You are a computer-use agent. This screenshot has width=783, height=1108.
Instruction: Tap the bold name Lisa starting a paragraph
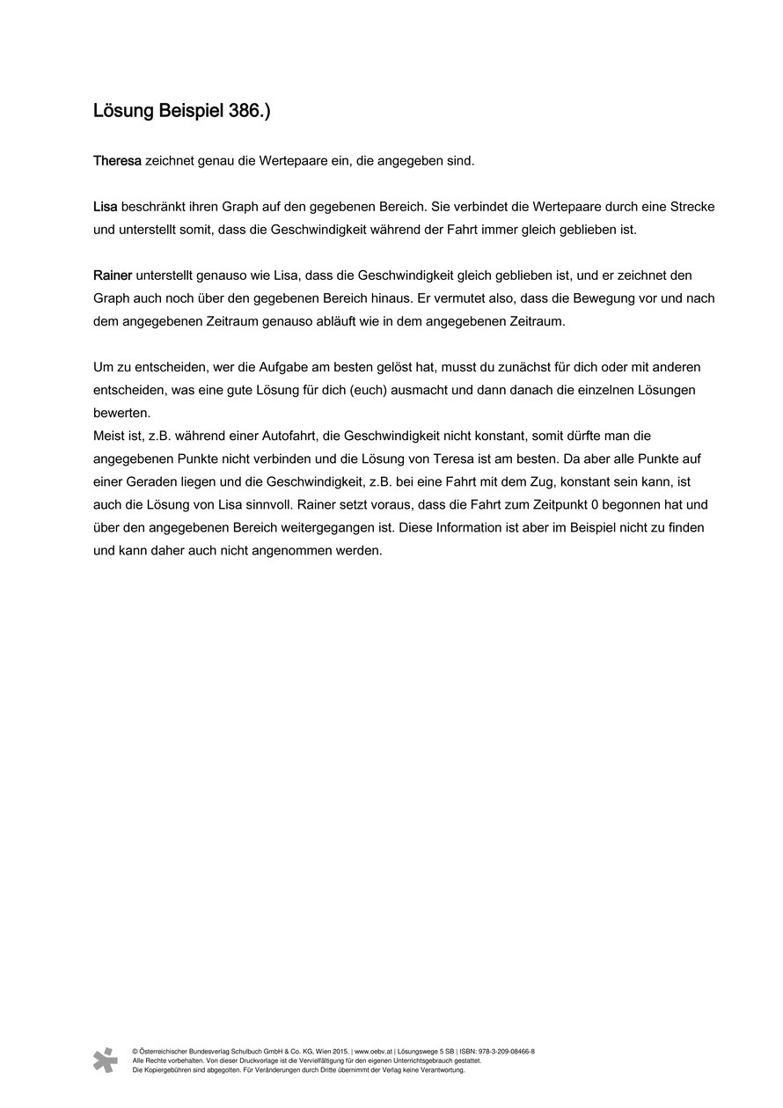click(x=106, y=207)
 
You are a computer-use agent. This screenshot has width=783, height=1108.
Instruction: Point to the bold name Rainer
click(x=113, y=275)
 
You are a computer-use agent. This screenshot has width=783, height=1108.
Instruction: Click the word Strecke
click(x=692, y=207)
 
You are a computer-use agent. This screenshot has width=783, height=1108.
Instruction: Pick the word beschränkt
click(x=151, y=207)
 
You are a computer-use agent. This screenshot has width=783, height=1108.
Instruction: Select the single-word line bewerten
click(x=122, y=413)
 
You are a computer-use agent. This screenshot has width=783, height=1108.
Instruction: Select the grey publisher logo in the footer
click(x=106, y=1060)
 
